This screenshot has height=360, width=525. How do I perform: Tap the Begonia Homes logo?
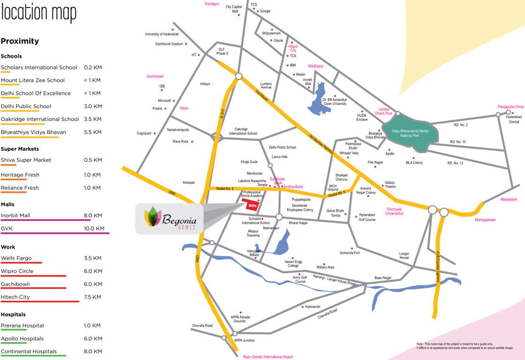tap(169, 218)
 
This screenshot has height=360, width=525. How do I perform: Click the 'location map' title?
tap(38, 13)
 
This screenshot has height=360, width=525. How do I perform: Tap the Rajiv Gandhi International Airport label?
tap(268, 357)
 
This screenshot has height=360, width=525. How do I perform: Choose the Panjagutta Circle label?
tap(510, 107)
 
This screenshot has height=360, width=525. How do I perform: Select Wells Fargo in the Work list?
tap(16, 258)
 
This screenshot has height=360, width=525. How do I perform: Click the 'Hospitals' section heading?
tap(13, 315)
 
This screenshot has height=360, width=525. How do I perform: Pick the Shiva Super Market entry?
tap(26, 160)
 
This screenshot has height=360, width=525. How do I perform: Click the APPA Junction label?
tap(244, 340)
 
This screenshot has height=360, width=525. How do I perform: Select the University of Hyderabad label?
tap(161, 34)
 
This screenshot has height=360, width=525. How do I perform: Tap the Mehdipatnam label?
tap(485, 219)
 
